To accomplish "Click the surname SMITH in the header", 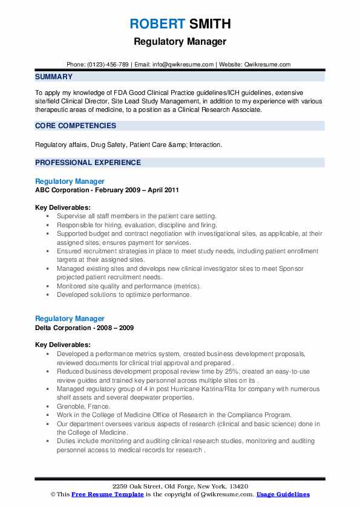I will click(209, 24).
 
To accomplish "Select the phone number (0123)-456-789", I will click(108, 64).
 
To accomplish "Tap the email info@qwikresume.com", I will click(182, 64).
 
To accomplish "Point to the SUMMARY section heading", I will click(54, 77).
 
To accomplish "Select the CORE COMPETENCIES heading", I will click(76, 126).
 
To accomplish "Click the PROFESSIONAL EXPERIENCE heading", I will click(88, 163).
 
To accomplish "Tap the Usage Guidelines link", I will click(283, 494).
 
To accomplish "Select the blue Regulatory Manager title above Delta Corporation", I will click(70, 319).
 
